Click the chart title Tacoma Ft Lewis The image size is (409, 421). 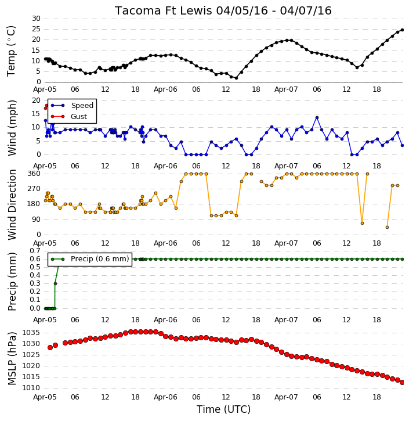click(x=164, y=10)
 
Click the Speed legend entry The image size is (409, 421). click(x=72, y=105)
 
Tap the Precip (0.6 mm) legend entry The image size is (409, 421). click(x=90, y=259)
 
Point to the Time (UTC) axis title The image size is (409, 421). click(x=223, y=409)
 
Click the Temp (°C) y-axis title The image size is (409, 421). click(x=11, y=51)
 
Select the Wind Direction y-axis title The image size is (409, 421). click(x=12, y=204)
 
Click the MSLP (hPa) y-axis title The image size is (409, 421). click(x=12, y=358)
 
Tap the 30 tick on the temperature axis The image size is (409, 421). click(x=36, y=19)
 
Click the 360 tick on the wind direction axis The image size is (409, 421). click(x=34, y=174)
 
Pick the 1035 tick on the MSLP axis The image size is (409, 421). click(x=31, y=333)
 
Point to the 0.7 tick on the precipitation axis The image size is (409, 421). click(x=35, y=251)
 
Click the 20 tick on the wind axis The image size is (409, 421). click(x=36, y=100)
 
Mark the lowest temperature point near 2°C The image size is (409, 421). click(x=236, y=78)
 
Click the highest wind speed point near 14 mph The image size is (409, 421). click(x=317, y=118)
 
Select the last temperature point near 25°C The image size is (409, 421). click(x=402, y=30)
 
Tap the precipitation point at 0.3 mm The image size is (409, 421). click(x=55, y=283)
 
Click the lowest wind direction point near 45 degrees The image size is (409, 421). click(x=388, y=227)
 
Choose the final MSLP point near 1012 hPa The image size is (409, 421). click(x=402, y=382)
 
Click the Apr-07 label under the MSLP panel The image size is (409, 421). click(x=286, y=397)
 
